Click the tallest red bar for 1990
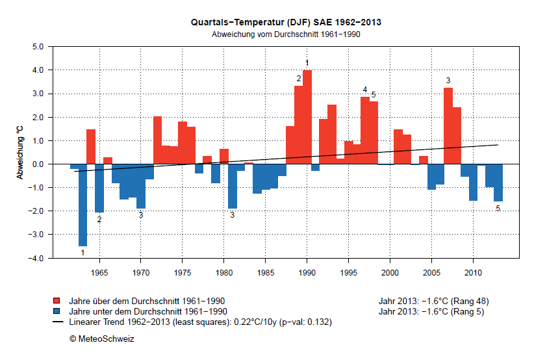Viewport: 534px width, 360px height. point(307,117)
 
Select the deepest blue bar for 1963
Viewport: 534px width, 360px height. point(83,205)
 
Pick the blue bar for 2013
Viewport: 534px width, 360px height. point(498,183)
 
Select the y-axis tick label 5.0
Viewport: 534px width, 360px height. point(36,47)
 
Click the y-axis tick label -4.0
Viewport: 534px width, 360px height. point(35,258)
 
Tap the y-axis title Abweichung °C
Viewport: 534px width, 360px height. point(19,152)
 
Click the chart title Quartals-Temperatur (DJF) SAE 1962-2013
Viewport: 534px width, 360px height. point(286,22)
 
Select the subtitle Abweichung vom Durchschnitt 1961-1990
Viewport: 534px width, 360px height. point(286,34)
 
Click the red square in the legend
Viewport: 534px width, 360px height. point(57,301)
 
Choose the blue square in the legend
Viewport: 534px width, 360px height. point(57,311)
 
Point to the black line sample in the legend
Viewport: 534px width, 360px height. point(57,322)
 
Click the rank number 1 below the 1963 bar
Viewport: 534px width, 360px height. point(83,252)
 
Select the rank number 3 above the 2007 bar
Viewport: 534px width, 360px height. point(448,81)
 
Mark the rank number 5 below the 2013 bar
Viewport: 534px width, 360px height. point(498,209)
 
